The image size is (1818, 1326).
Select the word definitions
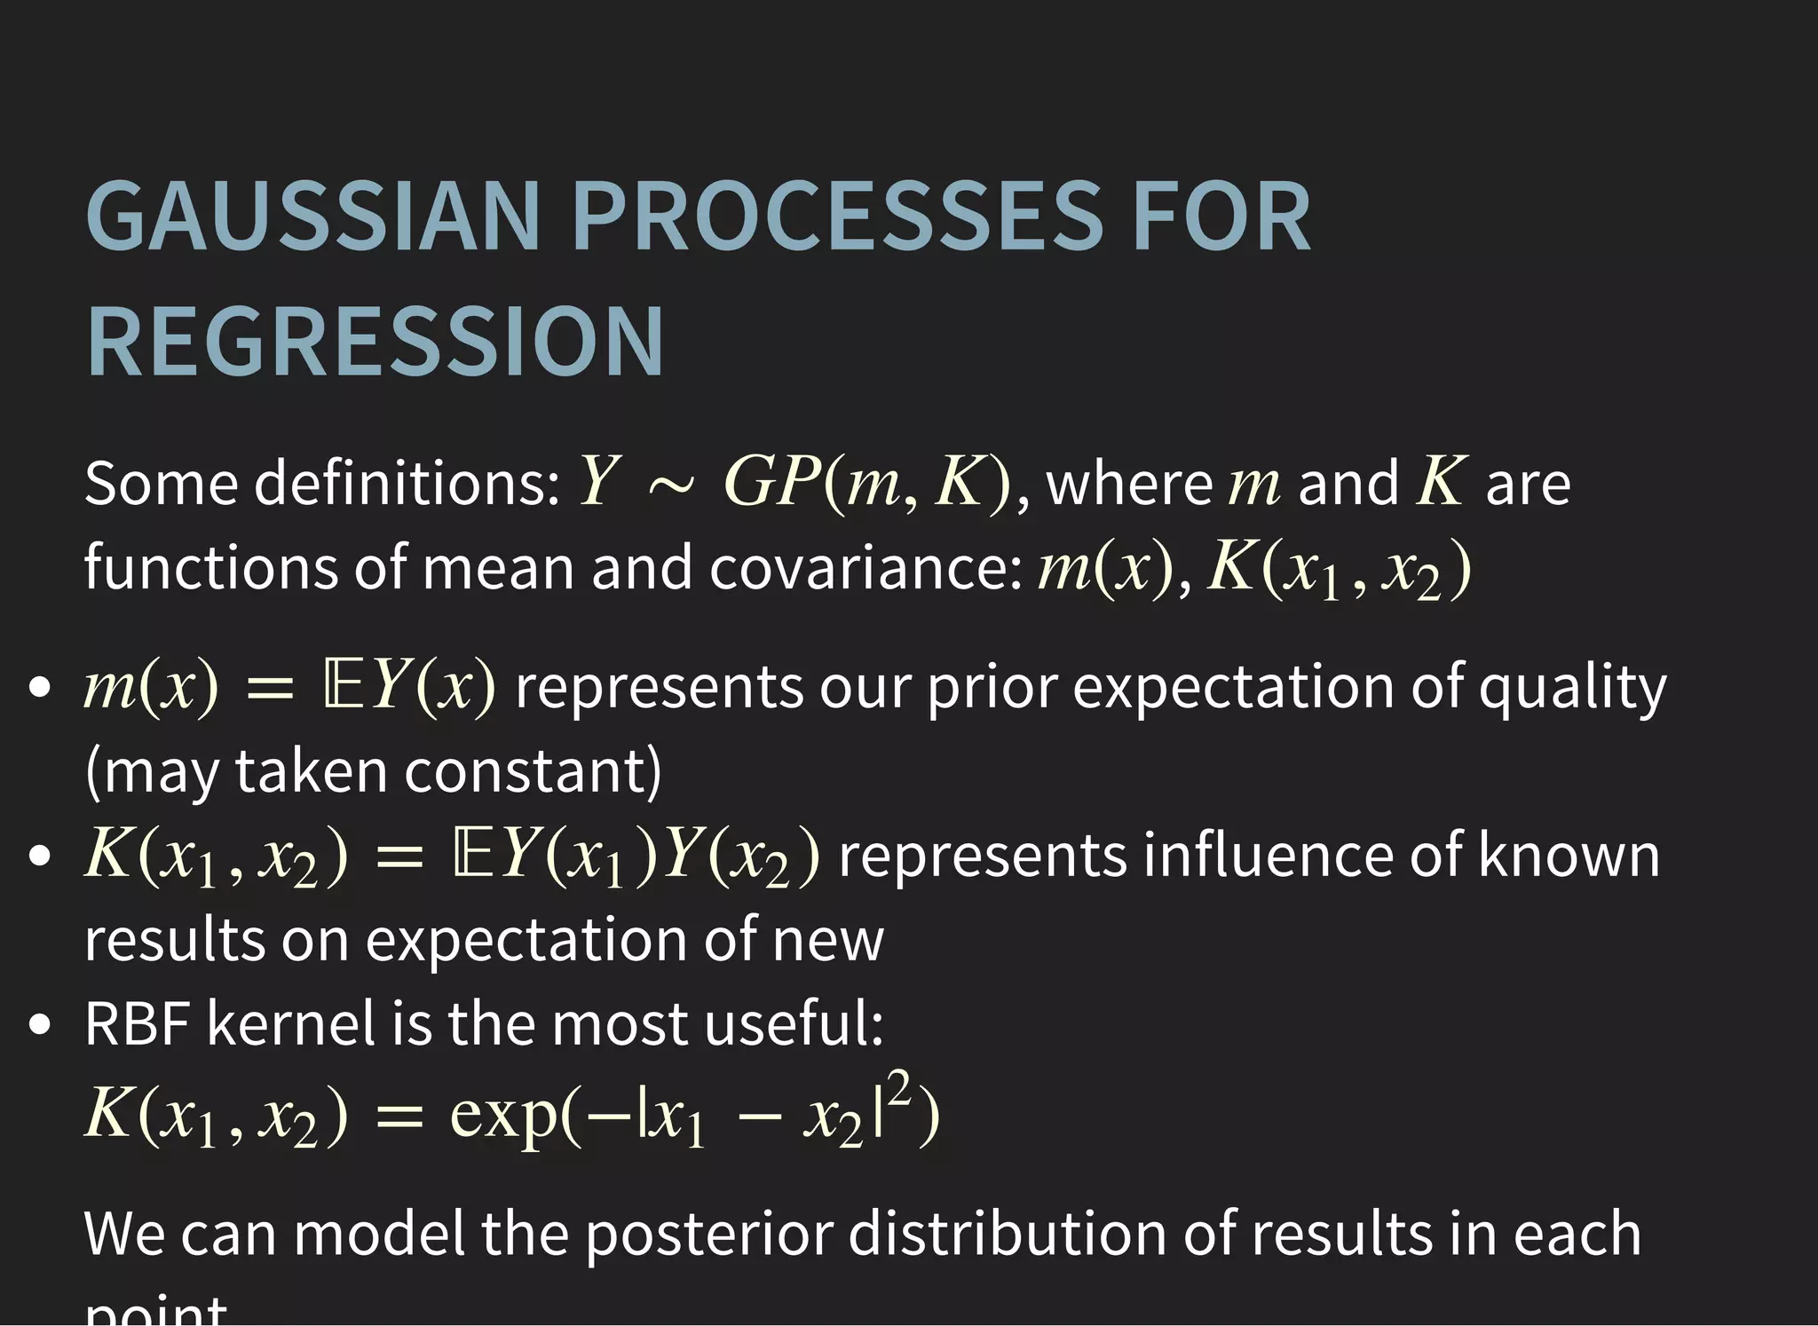[x=407, y=484]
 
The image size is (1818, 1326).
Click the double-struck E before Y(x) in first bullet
[x=341, y=688]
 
